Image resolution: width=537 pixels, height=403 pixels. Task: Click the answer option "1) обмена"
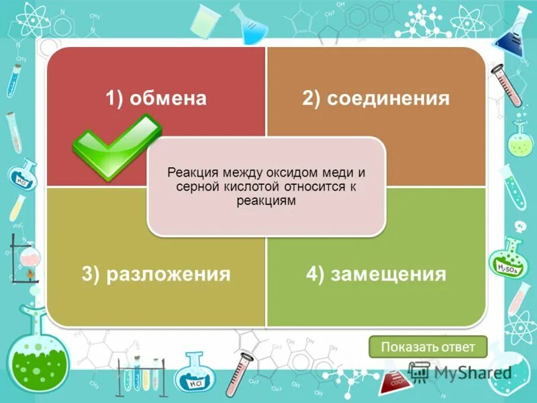155,99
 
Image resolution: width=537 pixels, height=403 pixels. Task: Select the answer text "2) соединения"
375,99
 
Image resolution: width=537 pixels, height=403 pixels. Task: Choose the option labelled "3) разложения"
156,274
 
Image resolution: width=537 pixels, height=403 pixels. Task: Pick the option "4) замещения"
376,274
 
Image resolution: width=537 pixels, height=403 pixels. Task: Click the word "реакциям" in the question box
266,201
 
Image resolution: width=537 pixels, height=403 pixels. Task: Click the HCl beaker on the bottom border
197,373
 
